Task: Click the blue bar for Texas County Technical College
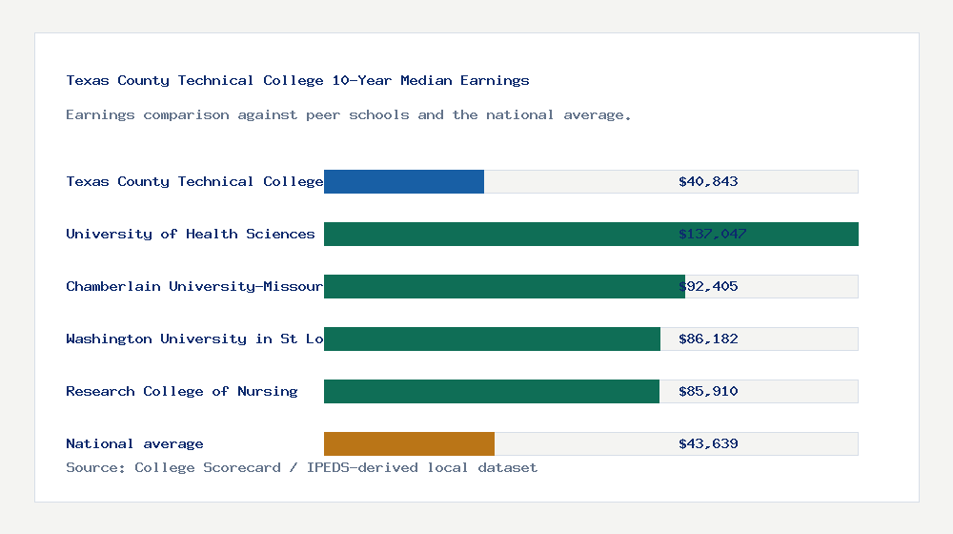[x=404, y=181]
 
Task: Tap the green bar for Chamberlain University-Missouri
[x=504, y=286]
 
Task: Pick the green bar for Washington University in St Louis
[x=492, y=339]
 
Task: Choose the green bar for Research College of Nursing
[x=492, y=391]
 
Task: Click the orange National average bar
[x=409, y=443]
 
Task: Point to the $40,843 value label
[x=708, y=181]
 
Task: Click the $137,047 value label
[x=712, y=234]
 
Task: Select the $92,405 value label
[x=708, y=286]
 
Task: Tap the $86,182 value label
[x=708, y=339]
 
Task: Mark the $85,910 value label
[x=708, y=391]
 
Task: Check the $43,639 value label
[x=708, y=443]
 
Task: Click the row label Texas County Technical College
[x=194, y=181]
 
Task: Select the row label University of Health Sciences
[x=191, y=234]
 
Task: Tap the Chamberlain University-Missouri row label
[x=194, y=286]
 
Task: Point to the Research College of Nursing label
[x=182, y=391]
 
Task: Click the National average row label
[x=134, y=443]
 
